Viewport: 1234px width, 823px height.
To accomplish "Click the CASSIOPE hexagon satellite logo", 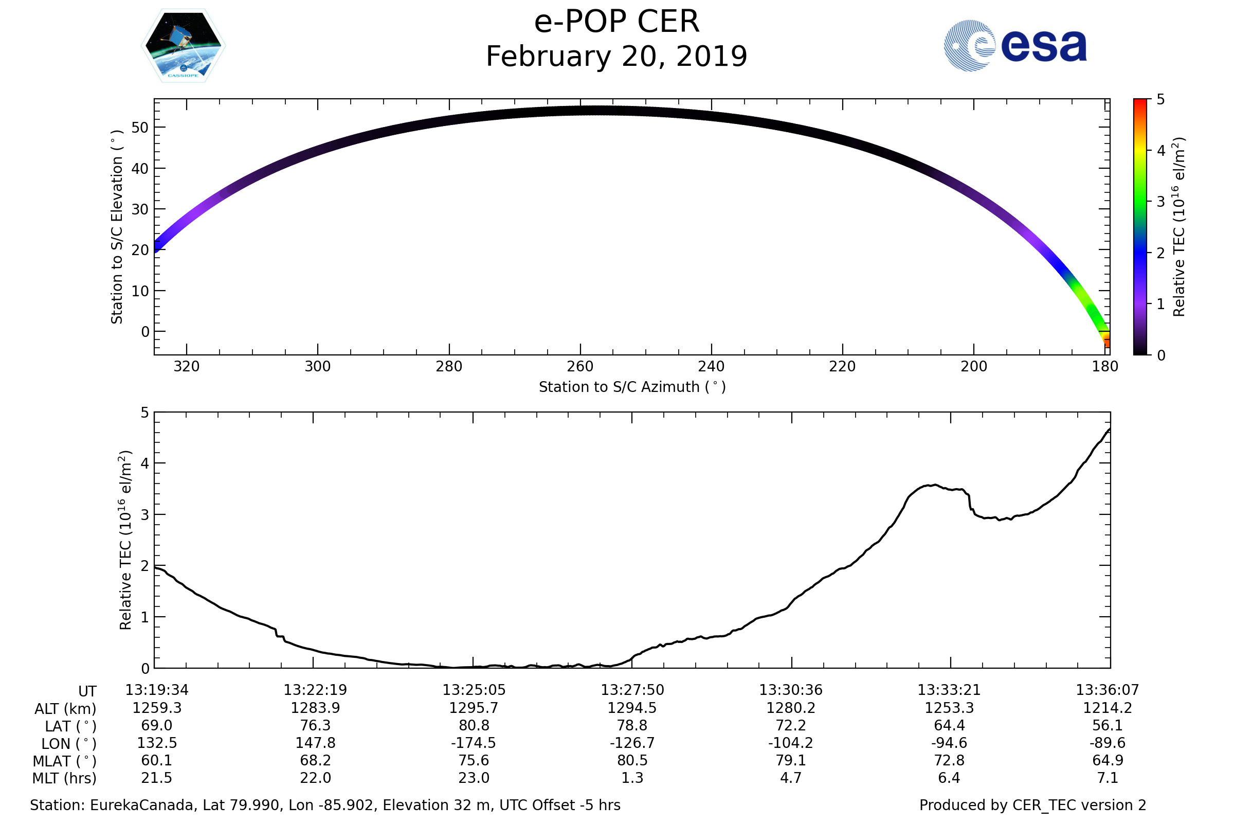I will click(x=183, y=46).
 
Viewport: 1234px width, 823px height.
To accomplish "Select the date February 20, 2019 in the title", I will click(x=616, y=57).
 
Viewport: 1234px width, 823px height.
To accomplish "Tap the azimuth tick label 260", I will click(x=580, y=366).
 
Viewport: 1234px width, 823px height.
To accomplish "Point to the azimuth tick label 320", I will click(x=186, y=366).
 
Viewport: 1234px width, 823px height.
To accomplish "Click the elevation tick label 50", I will click(x=140, y=128).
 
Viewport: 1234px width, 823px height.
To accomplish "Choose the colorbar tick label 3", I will click(x=1160, y=202).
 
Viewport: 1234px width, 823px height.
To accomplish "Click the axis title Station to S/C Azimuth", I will click(x=632, y=387).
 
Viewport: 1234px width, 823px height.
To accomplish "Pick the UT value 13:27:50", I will click(x=632, y=690).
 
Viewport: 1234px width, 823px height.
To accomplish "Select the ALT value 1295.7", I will click(x=474, y=708).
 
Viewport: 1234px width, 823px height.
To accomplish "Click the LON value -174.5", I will click(x=474, y=743).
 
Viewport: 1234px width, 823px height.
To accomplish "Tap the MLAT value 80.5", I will click(x=632, y=761).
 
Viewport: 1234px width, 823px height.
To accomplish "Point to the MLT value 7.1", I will click(x=1108, y=778).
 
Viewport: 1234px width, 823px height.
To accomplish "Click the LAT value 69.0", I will click(x=156, y=725).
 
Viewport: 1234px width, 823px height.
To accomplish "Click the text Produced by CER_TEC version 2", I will click(x=1032, y=806).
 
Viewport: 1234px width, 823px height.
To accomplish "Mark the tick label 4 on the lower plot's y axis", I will click(x=146, y=463).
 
